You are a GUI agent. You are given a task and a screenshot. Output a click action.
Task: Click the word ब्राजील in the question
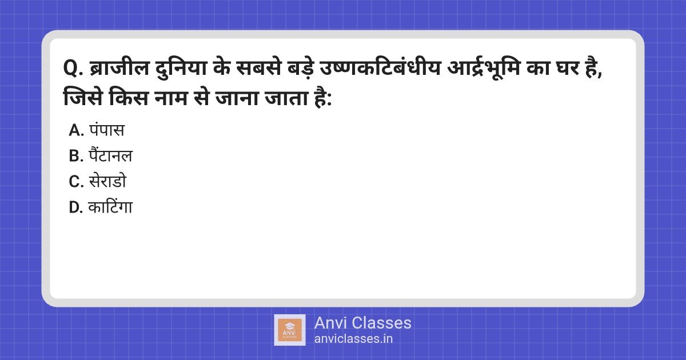click(119, 67)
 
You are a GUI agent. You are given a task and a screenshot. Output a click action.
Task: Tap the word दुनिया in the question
click(181, 68)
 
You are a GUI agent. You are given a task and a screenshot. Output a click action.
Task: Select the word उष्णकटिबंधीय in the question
click(380, 67)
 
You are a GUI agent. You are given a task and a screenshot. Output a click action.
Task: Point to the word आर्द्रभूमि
click(484, 68)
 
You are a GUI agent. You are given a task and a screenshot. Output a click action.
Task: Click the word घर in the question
click(568, 67)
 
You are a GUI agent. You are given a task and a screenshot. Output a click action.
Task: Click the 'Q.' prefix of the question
click(73, 68)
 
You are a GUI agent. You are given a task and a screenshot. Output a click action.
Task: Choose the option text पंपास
click(107, 130)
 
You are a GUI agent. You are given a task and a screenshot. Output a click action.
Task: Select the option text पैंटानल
click(110, 155)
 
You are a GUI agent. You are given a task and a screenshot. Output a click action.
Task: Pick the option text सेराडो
click(107, 181)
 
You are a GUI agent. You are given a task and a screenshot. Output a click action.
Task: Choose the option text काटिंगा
click(110, 206)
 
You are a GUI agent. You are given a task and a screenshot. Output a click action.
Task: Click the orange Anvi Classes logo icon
click(290, 330)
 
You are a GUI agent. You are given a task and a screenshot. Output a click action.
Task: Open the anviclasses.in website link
click(353, 339)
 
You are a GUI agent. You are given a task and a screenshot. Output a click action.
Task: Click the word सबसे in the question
click(258, 67)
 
